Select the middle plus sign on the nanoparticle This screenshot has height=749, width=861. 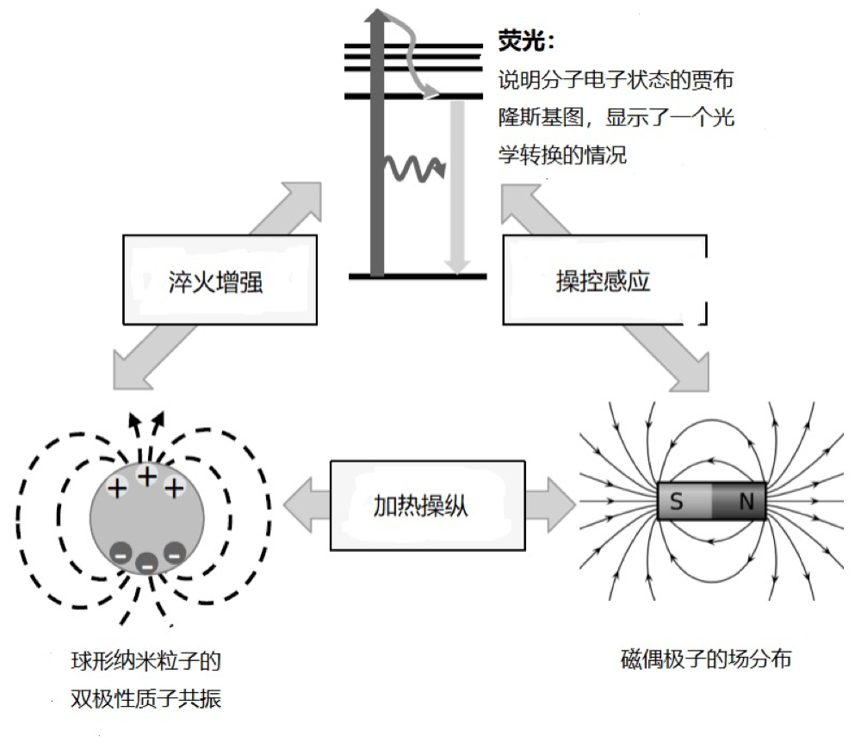[147, 476]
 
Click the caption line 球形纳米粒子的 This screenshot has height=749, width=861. [146, 663]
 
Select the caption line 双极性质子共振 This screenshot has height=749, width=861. [146, 698]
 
